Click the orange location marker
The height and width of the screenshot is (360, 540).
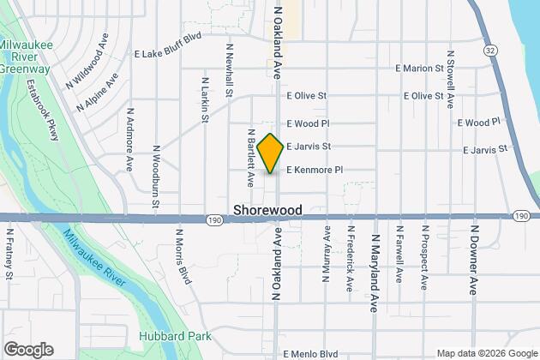(270, 153)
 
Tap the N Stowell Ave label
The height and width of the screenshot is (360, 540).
(449, 83)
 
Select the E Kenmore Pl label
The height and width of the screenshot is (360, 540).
(315, 170)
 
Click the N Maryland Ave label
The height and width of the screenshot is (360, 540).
(374, 262)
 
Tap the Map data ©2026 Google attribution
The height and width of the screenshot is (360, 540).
(483, 353)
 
